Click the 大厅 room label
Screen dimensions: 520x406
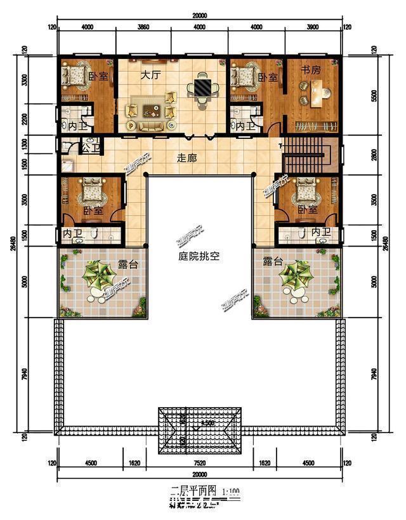[150, 75]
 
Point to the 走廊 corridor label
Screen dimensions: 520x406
[186, 159]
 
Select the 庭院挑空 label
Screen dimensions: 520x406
[199, 258]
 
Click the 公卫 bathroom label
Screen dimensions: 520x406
[91, 149]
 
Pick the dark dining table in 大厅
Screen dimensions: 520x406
[202, 86]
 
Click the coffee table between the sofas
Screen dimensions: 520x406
[151, 112]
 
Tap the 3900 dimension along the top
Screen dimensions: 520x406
[312, 27]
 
